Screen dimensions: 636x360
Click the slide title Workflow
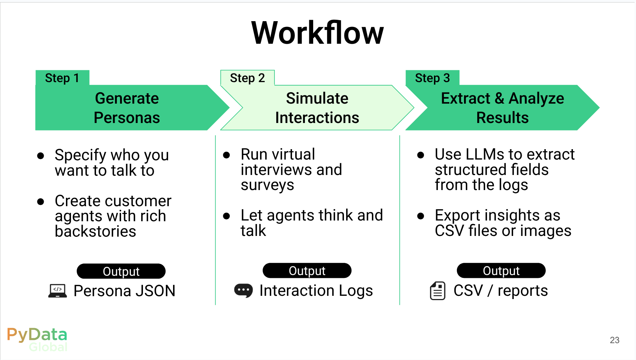[x=317, y=33]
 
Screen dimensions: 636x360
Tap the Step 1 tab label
[x=62, y=78]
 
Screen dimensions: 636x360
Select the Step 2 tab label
[x=247, y=78]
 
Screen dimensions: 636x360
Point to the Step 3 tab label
[x=432, y=78]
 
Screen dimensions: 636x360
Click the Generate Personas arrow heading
[x=127, y=108]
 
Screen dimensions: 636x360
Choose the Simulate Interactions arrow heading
[x=317, y=108]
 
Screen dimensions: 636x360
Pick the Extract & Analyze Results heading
[x=502, y=108]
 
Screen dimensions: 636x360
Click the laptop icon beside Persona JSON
[x=57, y=290]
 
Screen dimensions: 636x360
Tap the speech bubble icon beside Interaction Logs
[x=243, y=290]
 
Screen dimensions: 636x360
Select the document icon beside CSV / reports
[x=437, y=290]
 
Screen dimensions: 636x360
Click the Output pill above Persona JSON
[x=121, y=271]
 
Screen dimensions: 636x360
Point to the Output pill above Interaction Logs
[x=307, y=270]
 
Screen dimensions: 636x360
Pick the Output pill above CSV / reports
[x=501, y=270]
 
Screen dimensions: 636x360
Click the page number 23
[x=615, y=340]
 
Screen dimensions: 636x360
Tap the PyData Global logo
[x=37, y=339]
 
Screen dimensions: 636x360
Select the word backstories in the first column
[x=95, y=231]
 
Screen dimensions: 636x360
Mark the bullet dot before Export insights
[x=421, y=216]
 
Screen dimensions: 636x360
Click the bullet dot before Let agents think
[x=226, y=216]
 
